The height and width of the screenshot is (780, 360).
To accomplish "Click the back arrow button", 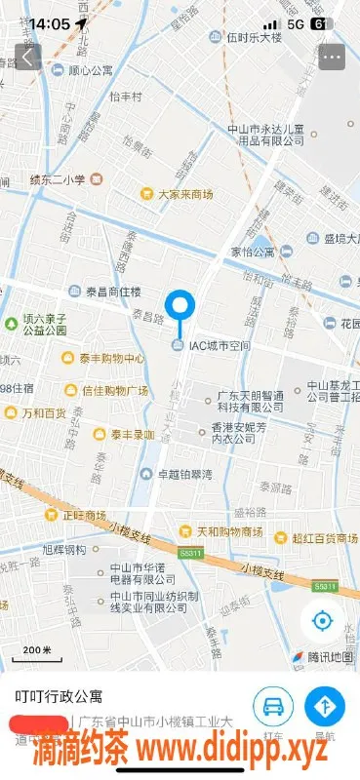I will (27, 57).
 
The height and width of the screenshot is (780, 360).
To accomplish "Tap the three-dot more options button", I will (332, 57).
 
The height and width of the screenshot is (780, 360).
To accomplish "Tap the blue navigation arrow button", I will (325, 706).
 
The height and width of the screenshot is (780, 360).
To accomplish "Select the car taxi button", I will (274, 706).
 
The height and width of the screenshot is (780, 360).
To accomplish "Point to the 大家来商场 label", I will (184, 194).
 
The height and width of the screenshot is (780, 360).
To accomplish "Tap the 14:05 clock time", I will (49, 22).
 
